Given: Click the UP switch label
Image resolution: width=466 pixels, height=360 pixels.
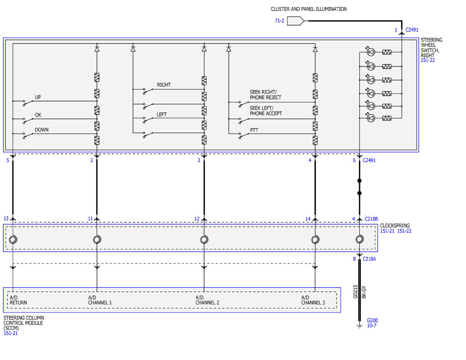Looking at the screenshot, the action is [38, 97].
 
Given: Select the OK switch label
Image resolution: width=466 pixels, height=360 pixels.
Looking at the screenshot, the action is [38, 115].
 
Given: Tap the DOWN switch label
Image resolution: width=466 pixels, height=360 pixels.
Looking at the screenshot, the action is [42, 130].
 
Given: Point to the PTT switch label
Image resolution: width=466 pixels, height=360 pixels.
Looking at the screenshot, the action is [254, 130].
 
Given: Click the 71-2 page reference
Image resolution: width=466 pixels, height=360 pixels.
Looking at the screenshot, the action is [280, 21].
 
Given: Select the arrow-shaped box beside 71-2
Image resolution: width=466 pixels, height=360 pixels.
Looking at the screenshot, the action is [295, 21].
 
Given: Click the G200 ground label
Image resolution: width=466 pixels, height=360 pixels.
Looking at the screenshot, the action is [372, 320].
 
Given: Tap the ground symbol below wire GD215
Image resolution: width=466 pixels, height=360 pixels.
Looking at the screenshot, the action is [360, 326].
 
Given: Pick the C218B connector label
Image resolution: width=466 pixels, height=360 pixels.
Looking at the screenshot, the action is [371, 219].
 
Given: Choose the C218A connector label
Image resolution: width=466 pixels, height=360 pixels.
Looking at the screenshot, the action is [369, 259].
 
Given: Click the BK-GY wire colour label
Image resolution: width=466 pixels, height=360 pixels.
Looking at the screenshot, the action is [364, 292].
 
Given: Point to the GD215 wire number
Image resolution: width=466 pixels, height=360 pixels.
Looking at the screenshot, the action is [355, 292].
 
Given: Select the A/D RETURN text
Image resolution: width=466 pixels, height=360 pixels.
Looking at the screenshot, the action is [18, 300].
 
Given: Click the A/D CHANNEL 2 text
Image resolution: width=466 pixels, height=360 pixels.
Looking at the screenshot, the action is [207, 300].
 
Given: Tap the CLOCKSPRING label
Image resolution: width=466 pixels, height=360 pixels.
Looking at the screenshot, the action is [395, 226].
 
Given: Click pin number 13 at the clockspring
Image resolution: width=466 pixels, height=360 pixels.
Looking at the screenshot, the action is [6, 219].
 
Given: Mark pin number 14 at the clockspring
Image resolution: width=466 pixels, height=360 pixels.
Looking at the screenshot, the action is [308, 219].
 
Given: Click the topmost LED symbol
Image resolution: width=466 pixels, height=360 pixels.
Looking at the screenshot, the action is [371, 52].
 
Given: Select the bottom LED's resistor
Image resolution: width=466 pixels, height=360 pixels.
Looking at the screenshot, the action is [387, 118].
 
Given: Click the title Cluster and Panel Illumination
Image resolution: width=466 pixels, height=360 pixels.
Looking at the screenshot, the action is [309, 9].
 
